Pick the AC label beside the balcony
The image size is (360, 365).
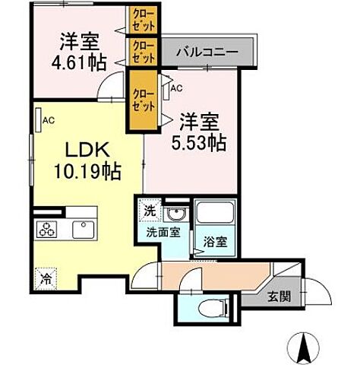click(x=177, y=88)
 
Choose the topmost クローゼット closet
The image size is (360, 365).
click(x=142, y=18)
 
